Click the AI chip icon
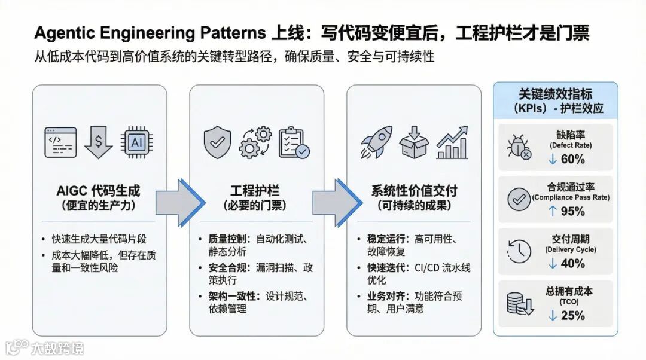136,142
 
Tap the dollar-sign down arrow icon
99,142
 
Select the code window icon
60,142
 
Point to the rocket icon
376,142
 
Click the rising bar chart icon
452,142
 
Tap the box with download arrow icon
414,142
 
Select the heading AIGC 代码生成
99,191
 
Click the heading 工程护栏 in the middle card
256,191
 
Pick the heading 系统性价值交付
414,191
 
